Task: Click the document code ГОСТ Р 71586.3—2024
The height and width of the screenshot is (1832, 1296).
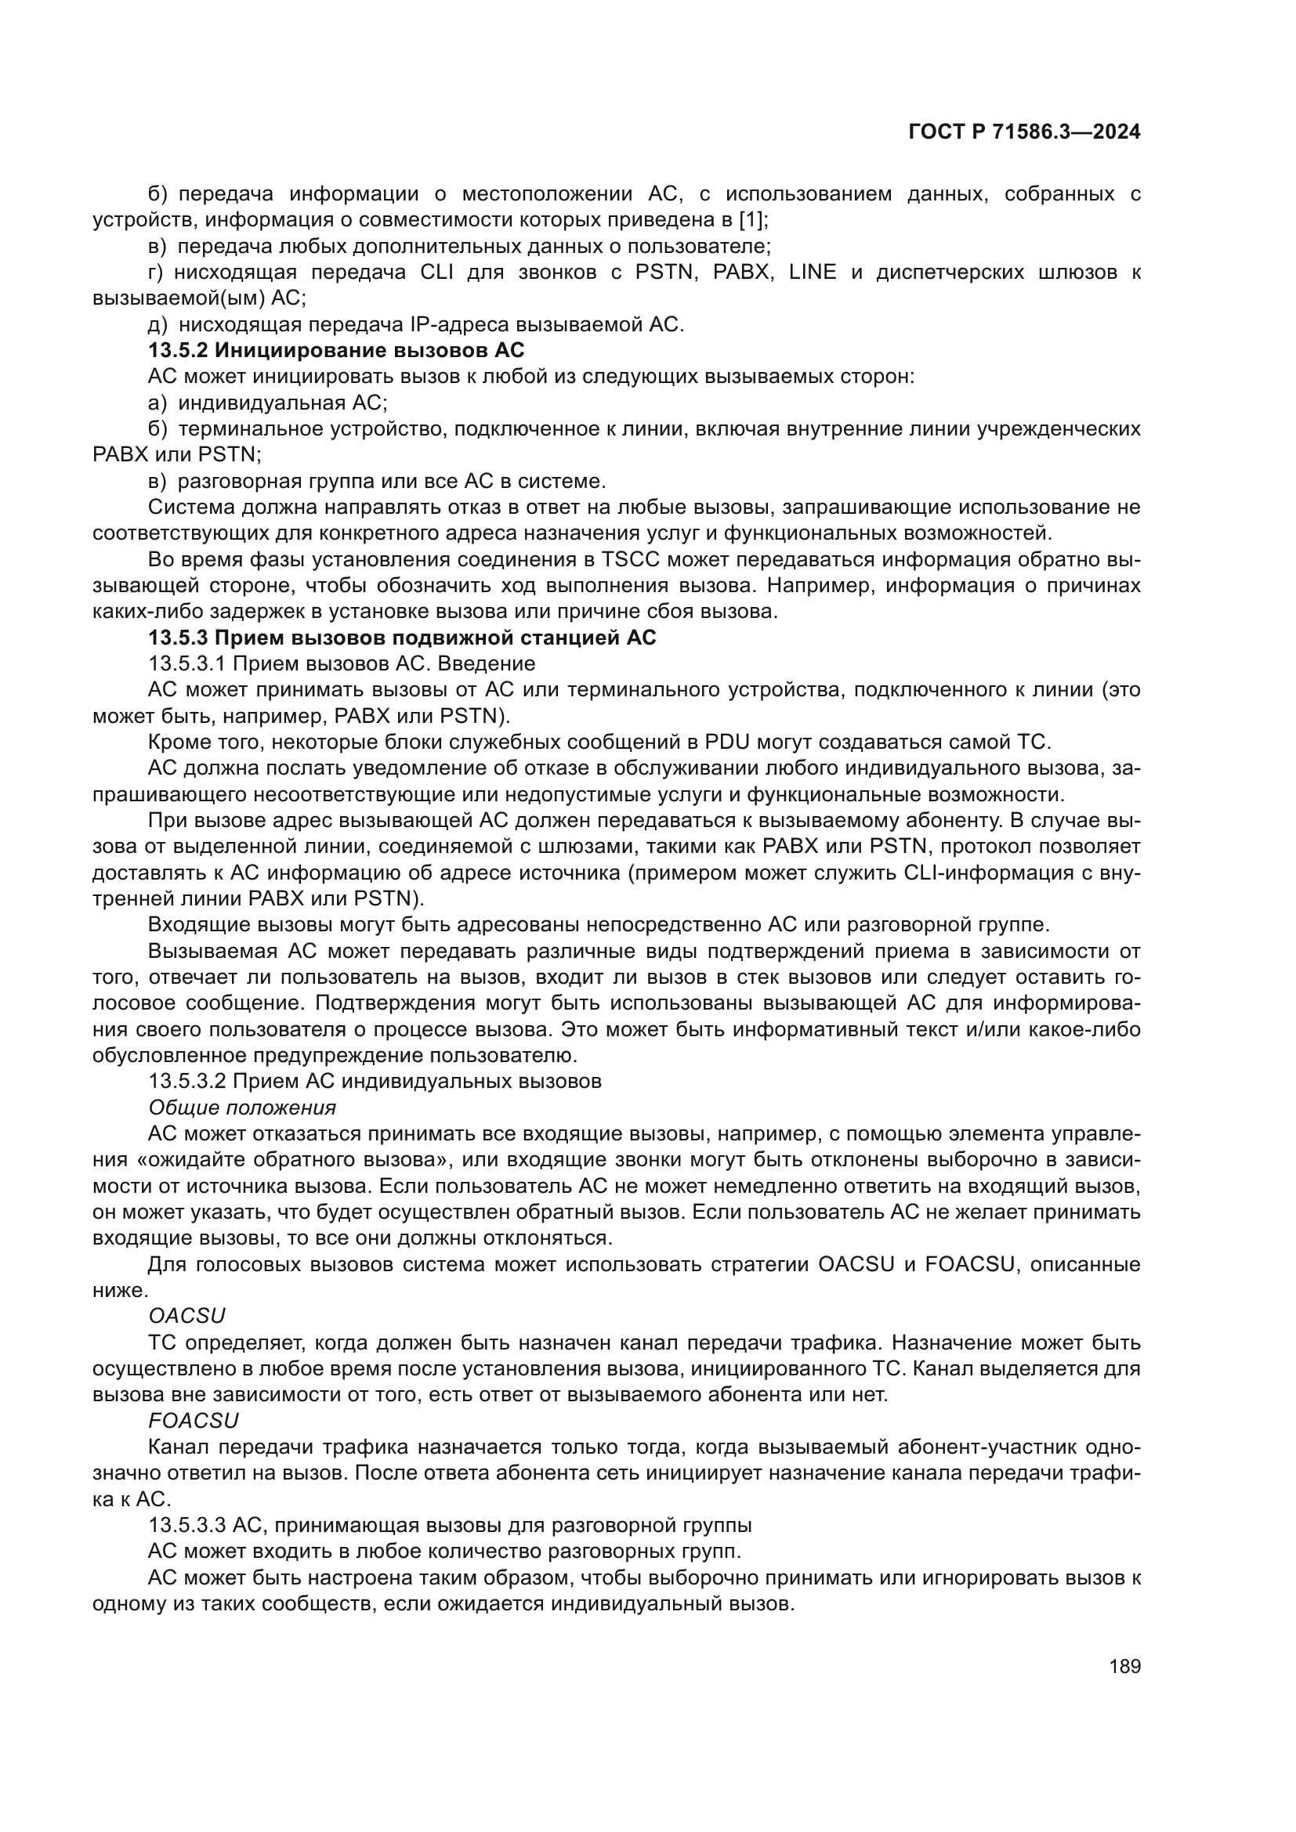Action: [1024, 132]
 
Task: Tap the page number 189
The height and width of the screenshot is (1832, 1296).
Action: [1124, 1666]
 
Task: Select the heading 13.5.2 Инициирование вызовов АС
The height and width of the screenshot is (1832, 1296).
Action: [336, 350]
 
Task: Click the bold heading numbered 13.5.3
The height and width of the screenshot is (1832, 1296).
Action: [402, 638]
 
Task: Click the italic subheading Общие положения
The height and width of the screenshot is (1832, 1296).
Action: [242, 1108]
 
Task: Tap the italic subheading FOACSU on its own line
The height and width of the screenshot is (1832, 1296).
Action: [193, 1421]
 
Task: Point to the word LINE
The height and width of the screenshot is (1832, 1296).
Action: [813, 272]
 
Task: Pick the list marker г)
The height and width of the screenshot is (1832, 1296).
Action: [157, 272]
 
